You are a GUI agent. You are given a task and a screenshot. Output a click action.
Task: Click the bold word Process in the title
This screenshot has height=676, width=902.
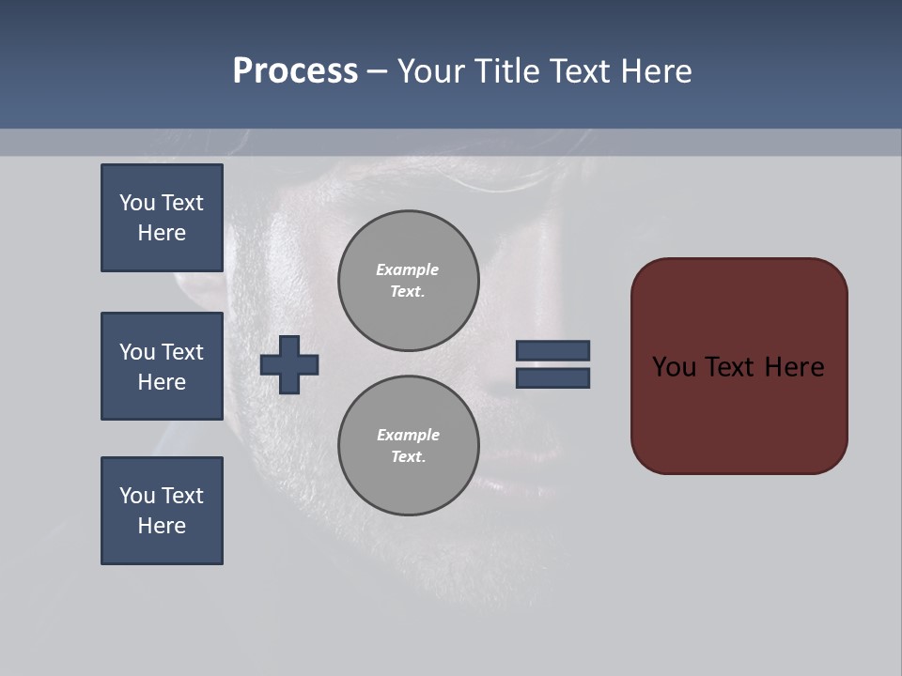[295, 71]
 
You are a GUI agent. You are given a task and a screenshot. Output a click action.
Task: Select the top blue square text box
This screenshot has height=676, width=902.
[162, 218]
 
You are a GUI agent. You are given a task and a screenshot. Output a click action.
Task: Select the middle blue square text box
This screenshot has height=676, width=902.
[162, 366]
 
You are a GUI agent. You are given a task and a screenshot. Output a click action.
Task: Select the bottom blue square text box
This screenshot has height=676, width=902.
[162, 511]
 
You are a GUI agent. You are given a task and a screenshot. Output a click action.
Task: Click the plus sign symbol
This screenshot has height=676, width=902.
[289, 364]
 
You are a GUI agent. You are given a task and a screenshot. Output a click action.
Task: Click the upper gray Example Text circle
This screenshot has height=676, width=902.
[408, 280]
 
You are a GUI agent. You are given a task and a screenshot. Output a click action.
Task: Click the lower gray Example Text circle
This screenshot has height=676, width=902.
[408, 445]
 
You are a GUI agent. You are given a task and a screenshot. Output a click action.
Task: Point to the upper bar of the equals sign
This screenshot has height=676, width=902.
[552, 350]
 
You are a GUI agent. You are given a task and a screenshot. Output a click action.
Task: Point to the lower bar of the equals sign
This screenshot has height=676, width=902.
[552, 377]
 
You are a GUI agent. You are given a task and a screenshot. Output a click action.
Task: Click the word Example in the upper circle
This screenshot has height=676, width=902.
[407, 269]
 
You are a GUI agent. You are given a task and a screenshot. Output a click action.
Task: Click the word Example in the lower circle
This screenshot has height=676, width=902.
[408, 435]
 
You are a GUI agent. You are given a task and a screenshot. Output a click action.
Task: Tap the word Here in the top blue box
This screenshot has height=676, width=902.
[162, 233]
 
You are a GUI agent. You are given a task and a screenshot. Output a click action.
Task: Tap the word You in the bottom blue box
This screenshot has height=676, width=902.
[137, 496]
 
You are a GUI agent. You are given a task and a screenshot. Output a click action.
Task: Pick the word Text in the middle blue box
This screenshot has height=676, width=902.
[182, 352]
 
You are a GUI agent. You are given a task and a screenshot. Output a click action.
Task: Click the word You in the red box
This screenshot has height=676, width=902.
[674, 367]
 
